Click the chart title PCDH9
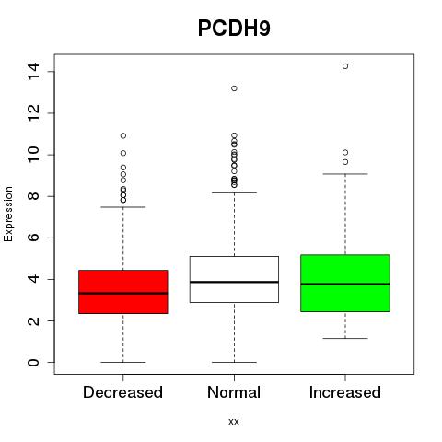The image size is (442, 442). click(x=234, y=29)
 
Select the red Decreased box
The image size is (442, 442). click(x=123, y=292)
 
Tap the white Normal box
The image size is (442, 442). click(x=234, y=279)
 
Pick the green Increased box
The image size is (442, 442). click(x=345, y=283)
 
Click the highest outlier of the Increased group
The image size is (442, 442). click(x=345, y=66)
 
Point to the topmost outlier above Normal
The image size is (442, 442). click(x=234, y=88)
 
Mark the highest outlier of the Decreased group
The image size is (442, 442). click(x=123, y=135)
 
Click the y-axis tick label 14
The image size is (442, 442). click(x=33, y=72)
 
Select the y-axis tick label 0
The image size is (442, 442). click(x=33, y=362)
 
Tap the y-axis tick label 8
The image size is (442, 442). click(x=33, y=196)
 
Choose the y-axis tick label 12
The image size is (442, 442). click(x=33, y=113)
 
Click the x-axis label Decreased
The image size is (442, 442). click(x=122, y=392)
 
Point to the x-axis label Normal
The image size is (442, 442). click(x=234, y=392)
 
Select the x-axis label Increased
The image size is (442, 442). click(x=345, y=392)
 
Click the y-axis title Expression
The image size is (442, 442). click(x=8, y=214)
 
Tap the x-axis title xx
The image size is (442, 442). click(x=234, y=422)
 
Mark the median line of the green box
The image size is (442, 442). click(x=345, y=285)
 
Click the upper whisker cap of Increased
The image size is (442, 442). click(x=345, y=174)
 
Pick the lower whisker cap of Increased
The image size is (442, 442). click(x=345, y=338)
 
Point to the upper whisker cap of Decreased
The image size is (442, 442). click(x=123, y=207)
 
